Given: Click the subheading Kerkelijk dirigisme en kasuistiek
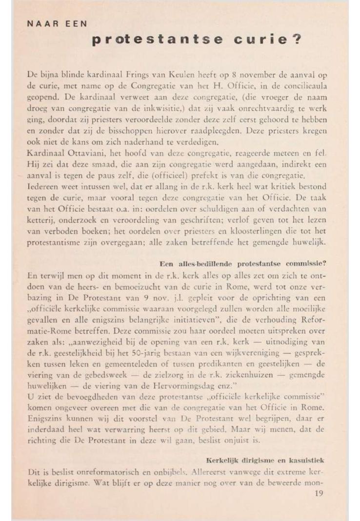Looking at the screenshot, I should (265, 461).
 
